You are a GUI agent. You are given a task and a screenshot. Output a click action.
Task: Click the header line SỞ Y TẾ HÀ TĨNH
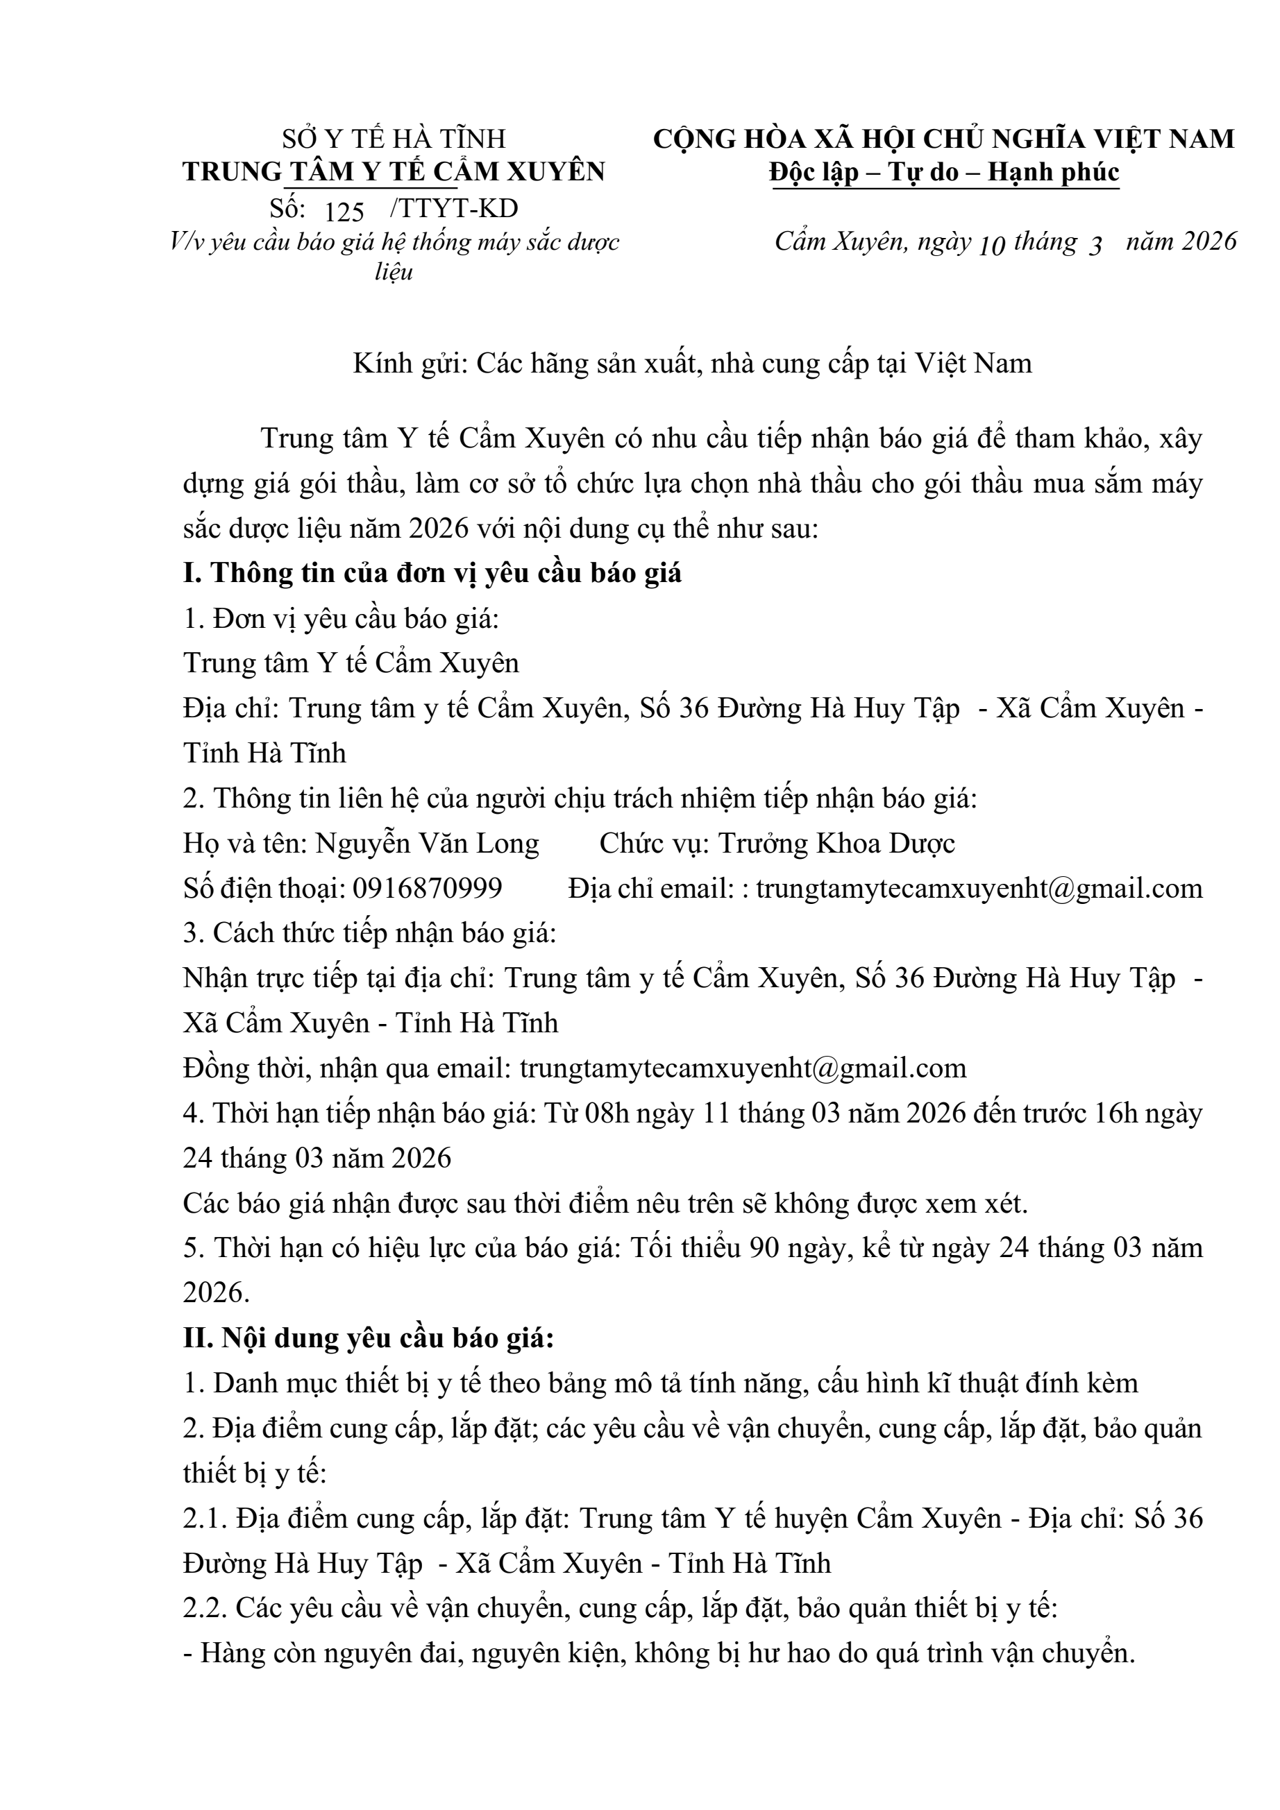point(394,139)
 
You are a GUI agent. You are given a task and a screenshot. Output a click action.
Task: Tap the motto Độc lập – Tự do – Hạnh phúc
point(944,172)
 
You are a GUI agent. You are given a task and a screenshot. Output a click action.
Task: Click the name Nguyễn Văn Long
point(427,844)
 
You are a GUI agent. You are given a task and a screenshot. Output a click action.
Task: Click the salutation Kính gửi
point(411,364)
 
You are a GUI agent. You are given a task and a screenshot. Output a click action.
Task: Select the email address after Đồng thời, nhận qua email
point(743,1068)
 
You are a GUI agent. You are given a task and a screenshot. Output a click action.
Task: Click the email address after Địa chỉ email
point(979,889)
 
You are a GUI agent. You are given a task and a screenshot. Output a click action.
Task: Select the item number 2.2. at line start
point(205,1608)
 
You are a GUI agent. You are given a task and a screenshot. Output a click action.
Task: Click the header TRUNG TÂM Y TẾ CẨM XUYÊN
point(394,172)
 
